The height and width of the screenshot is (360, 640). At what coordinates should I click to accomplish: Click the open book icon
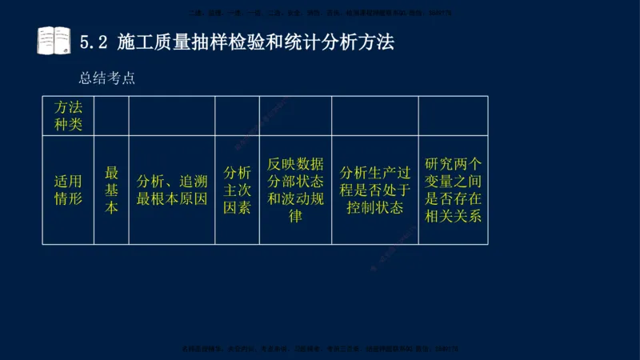point(54,40)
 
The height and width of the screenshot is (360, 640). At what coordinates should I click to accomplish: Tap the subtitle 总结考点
point(106,78)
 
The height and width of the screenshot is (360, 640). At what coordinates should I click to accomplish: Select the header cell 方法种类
point(68,115)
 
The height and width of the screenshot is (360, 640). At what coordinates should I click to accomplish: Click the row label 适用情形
point(68,190)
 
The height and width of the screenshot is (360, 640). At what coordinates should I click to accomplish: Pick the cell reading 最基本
point(111,190)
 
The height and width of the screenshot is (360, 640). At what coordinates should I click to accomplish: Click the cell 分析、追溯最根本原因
point(171,190)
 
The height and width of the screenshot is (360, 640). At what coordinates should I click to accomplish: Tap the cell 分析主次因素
point(237,190)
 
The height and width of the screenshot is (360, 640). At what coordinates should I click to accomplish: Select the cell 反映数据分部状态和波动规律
point(294,190)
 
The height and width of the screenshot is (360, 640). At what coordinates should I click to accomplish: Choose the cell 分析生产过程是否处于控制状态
point(374,190)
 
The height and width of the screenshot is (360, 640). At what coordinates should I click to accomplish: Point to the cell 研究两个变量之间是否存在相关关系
point(453,190)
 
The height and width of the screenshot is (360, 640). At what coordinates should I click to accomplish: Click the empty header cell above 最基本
point(111,115)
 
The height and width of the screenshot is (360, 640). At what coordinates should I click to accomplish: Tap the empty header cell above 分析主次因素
point(237,115)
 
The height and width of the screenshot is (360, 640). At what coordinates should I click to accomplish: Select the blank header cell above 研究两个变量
point(453,115)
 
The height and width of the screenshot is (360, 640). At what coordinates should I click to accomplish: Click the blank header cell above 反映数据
point(294,115)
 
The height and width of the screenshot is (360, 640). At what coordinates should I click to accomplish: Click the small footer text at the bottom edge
point(320,349)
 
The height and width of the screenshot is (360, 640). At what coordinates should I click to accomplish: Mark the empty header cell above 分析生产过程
point(374,115)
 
